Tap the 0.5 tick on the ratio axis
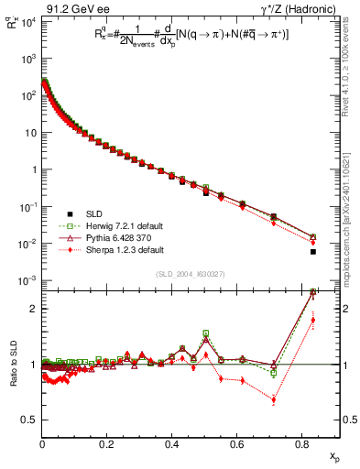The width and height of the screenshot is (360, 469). click(30, 420)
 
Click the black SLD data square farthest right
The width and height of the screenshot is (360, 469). click(313, 252)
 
